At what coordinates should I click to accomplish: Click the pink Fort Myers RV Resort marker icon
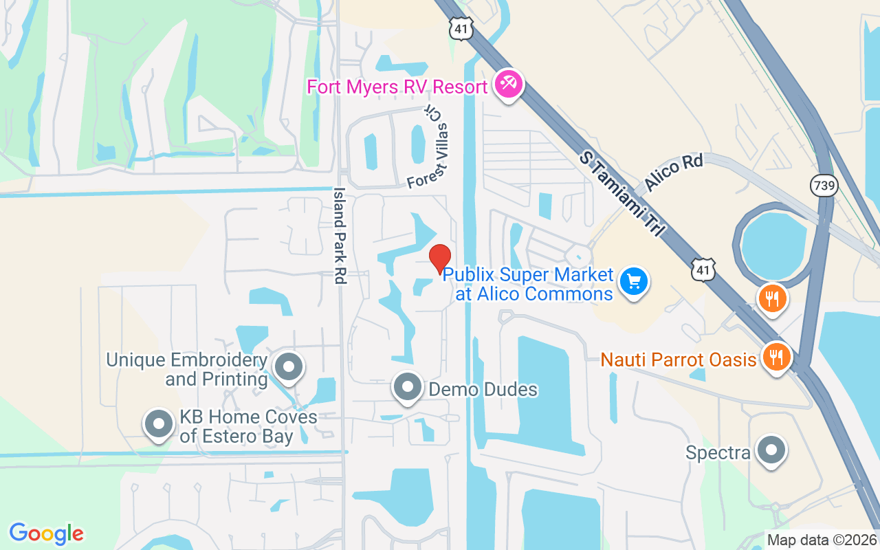tap(509, 85)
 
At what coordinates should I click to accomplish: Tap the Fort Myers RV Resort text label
tap(397, 87)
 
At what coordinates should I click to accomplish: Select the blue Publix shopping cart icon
tap(634, 281)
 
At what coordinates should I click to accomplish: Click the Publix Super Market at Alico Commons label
tap(528, 285)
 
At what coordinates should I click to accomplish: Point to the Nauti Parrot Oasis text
tap(679, 360)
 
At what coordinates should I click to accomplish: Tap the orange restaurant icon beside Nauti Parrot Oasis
tap(777, 357)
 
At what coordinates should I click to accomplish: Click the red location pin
tap(440, 258)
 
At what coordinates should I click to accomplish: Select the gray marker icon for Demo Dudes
tap(407, 387)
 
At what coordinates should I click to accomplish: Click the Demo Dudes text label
tap(483, 390)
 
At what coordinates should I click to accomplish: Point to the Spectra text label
tap(718, 453)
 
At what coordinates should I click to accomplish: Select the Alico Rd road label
tap(674, 173)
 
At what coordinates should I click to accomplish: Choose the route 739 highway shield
tap(824, 184)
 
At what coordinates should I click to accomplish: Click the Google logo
tap(47, 533)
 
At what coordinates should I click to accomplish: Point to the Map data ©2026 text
tap(822, 540)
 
